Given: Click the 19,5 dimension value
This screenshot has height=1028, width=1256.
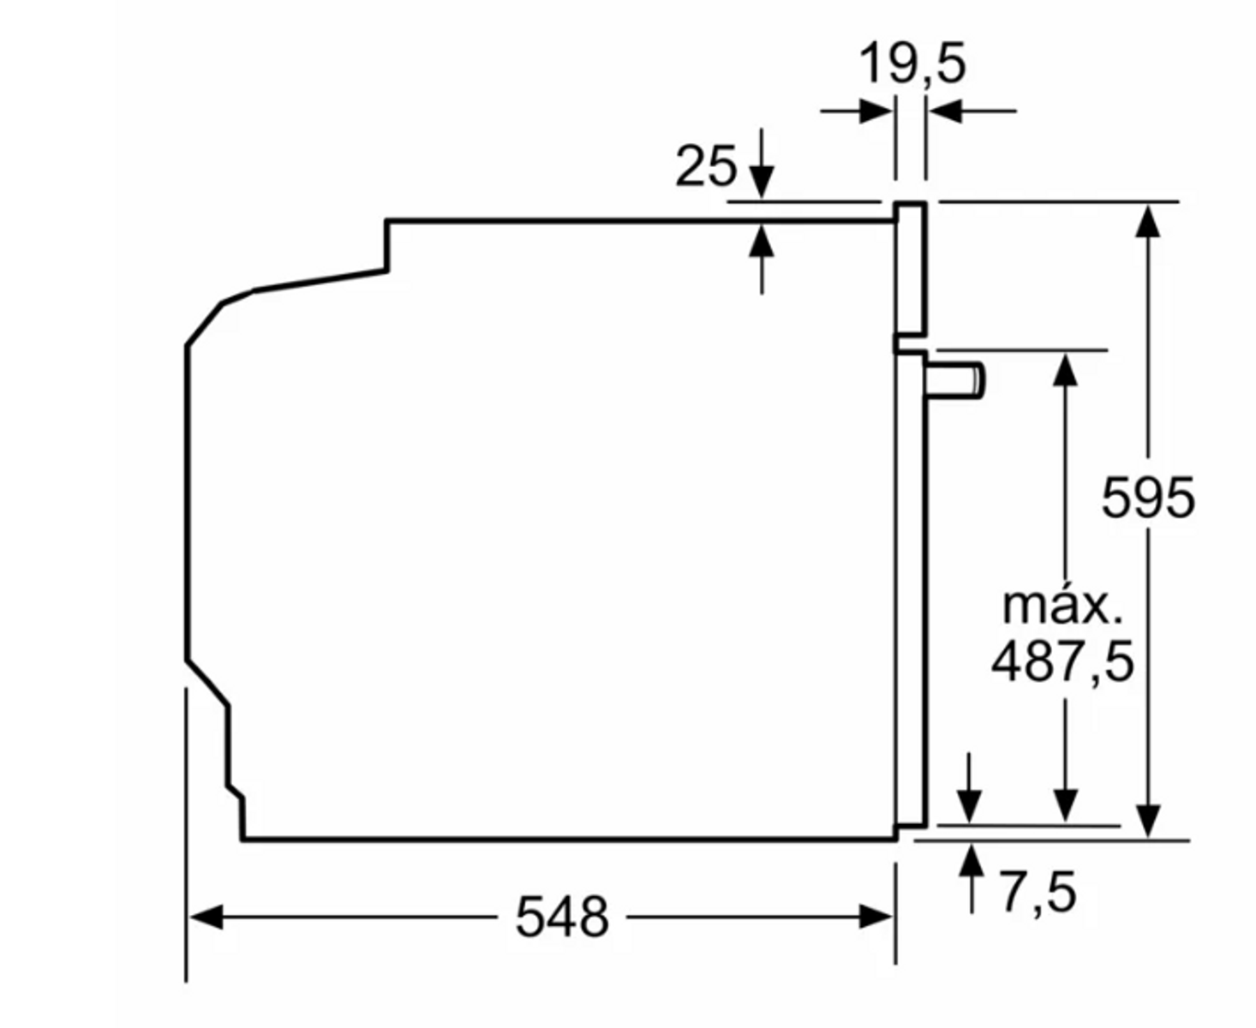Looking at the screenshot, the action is coord(912,63).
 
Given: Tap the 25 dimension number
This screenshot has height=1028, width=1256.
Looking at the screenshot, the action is coord(706,166).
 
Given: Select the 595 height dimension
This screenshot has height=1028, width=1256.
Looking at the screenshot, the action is coord(1148,498).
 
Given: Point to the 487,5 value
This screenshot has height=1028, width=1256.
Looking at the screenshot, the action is coord(1062,661).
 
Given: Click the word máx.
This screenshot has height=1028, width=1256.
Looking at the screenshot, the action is coord(1062,607).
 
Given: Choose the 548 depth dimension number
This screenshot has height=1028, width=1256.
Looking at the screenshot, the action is coord(562,917).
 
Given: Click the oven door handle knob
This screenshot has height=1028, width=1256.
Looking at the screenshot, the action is coord(955,380).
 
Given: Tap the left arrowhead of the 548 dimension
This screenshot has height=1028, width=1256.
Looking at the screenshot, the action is coord(206,917).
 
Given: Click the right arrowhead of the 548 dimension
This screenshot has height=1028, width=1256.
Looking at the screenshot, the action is coord(876,917).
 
